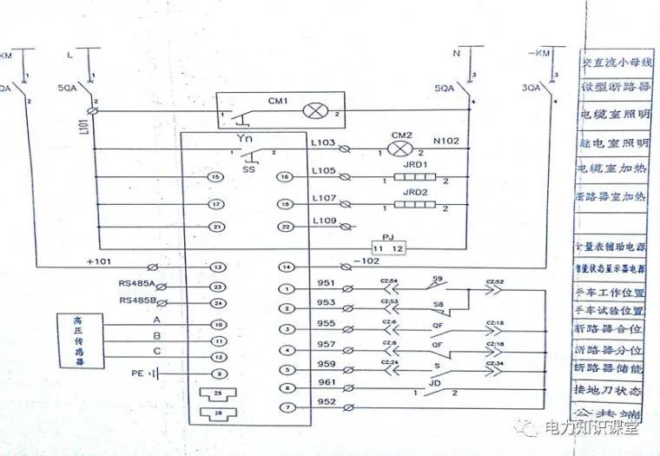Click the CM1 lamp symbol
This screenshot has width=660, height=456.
pyautogui.click(x=312, y=112)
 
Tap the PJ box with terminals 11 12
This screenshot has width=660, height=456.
pyautogui.click(x=386, y=247)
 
